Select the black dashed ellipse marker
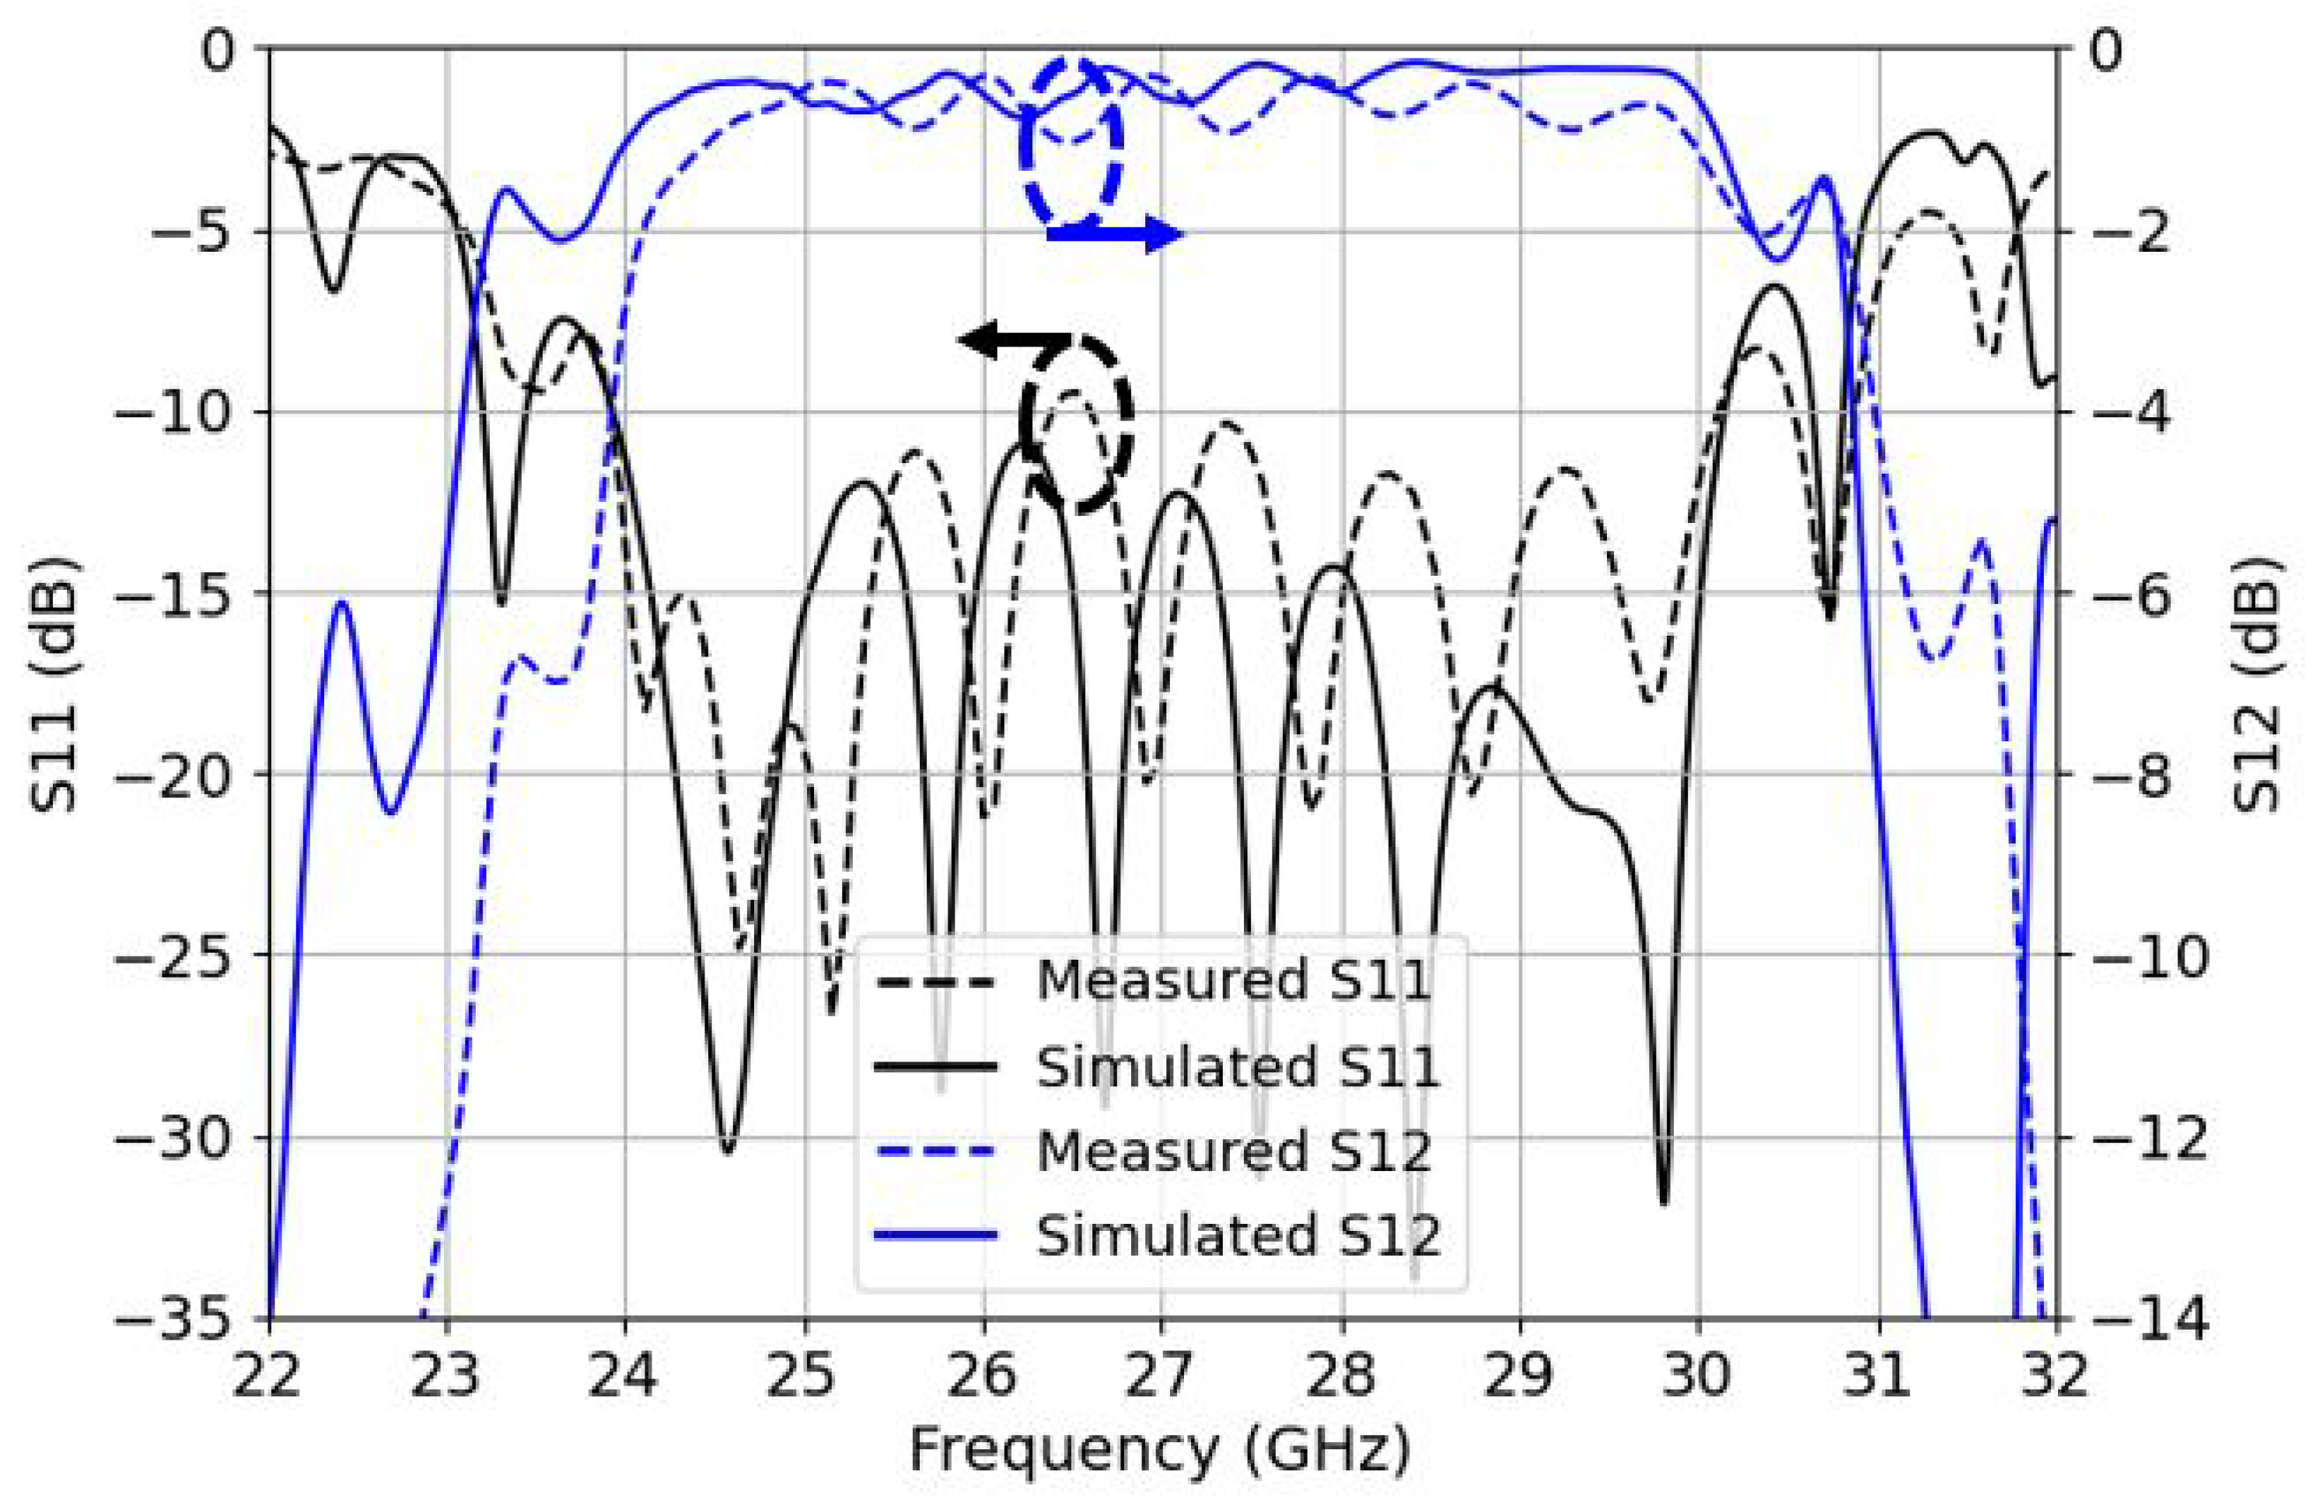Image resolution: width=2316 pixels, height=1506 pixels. pos(1076,424)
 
